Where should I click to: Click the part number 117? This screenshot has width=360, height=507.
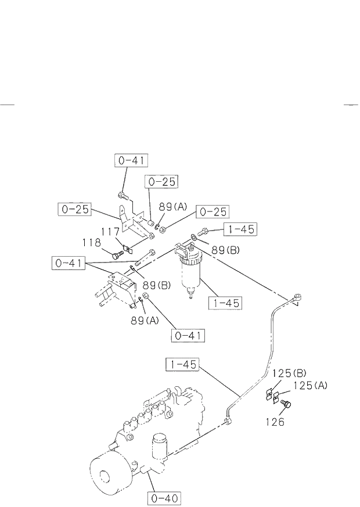[x=110, y=231]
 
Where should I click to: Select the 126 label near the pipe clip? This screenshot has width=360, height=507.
[x=276, y=422]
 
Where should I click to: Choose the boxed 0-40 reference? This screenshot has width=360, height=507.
[x=165, y=498]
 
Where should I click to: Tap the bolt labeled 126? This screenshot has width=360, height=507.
[x=286, y=404]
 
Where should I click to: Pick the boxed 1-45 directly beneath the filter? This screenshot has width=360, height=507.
[x=226, y=303]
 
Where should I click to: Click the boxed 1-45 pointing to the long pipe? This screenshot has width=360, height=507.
[x=183, y=365]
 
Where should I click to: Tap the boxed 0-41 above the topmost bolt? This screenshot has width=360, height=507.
[x=131, y=161]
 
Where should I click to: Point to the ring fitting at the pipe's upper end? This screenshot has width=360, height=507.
[x=298, y=299]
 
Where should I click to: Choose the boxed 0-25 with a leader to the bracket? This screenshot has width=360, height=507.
[x=74, y=209]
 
